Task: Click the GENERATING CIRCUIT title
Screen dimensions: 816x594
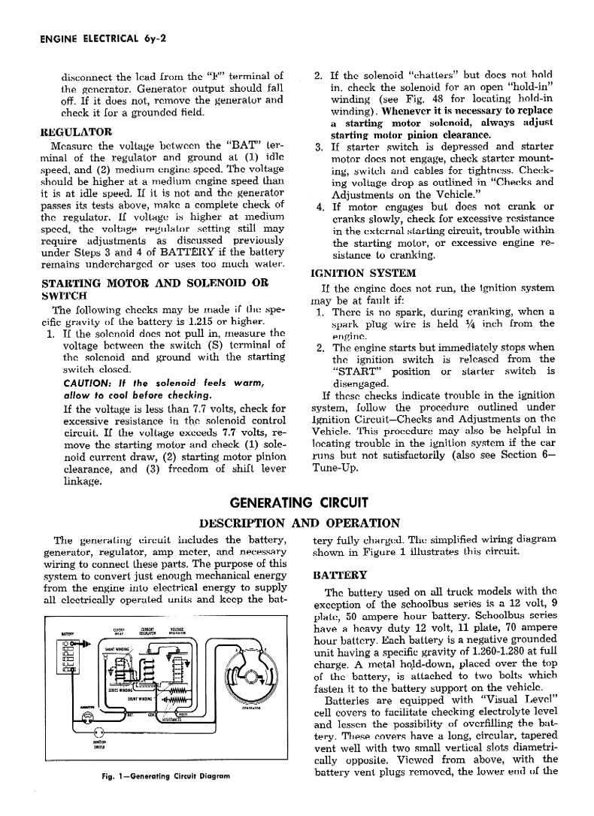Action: click(298, 503)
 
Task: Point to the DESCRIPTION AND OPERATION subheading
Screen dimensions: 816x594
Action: click(299, 523)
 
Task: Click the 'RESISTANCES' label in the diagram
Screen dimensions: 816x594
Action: click(171, 719)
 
